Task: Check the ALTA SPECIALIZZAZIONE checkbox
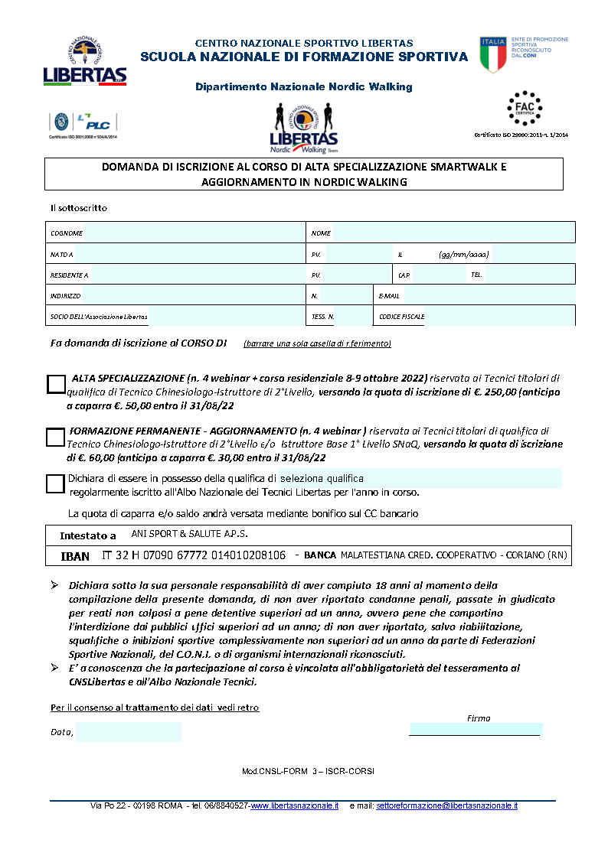tap(55, 384)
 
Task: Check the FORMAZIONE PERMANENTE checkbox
tap(55, 437)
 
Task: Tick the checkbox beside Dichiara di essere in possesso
tap(55, 483)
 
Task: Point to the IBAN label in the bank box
tap(75, 555)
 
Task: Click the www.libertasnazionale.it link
tap(295, 805)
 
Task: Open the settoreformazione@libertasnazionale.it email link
tap(447, 805)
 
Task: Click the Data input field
tap(128, 732)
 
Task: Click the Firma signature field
tap(476, 729)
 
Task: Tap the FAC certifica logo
tap(525, 110)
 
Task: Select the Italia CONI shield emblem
tap(493, 54)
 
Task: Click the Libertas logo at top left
tap(84, 62)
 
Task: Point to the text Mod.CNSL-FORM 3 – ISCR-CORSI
tap(308, 771)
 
